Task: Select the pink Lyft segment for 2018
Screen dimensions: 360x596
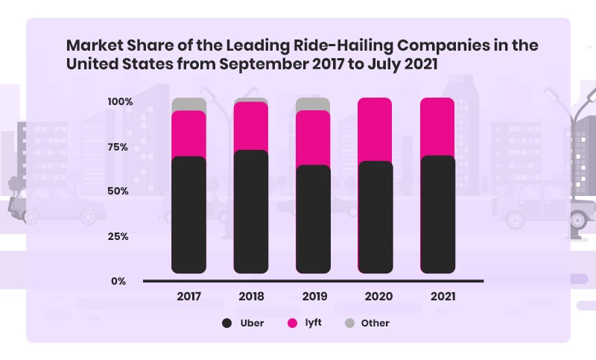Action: (251, 126)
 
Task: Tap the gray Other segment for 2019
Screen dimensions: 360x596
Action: (313, 104)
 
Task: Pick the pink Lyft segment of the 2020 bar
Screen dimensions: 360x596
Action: (375, 130)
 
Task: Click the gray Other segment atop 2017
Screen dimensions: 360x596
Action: (188, 104)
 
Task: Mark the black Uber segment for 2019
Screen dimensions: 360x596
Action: (313, 219)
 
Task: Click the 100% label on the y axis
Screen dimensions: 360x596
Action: (119, 101)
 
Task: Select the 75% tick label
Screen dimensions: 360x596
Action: (119, 147)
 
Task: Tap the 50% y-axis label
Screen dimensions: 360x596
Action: (119, 191)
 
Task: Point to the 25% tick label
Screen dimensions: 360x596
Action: (119, 236)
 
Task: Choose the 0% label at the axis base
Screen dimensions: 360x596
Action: (119, 281)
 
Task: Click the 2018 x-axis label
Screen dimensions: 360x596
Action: (251, 297)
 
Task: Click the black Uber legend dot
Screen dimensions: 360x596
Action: (226, 323)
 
